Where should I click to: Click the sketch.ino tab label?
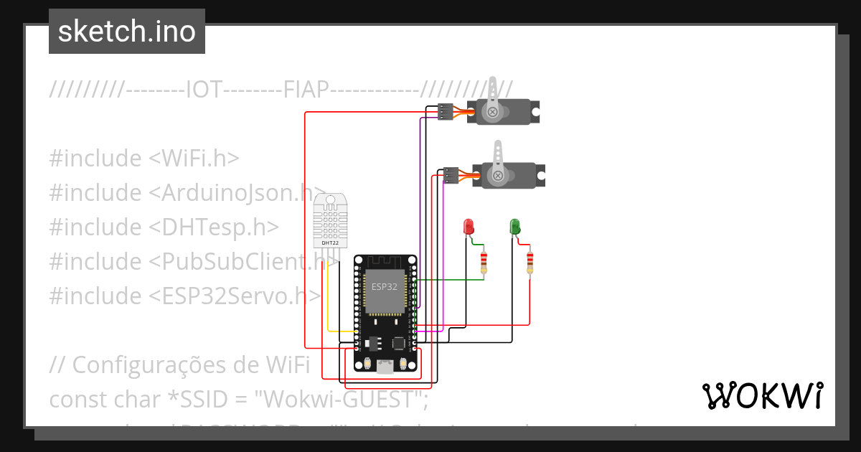coord(126,32)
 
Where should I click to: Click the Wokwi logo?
coord(762,395)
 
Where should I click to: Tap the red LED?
coord(469,227)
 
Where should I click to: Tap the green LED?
coord(514,227)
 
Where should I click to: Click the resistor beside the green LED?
coord(530,263)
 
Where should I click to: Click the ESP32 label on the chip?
coord(384,286)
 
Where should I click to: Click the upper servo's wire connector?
coord(446,111)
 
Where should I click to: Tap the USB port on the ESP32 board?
coord(385,367)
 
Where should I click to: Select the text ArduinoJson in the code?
coord(230,193)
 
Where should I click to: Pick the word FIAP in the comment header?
coord(306,90)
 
